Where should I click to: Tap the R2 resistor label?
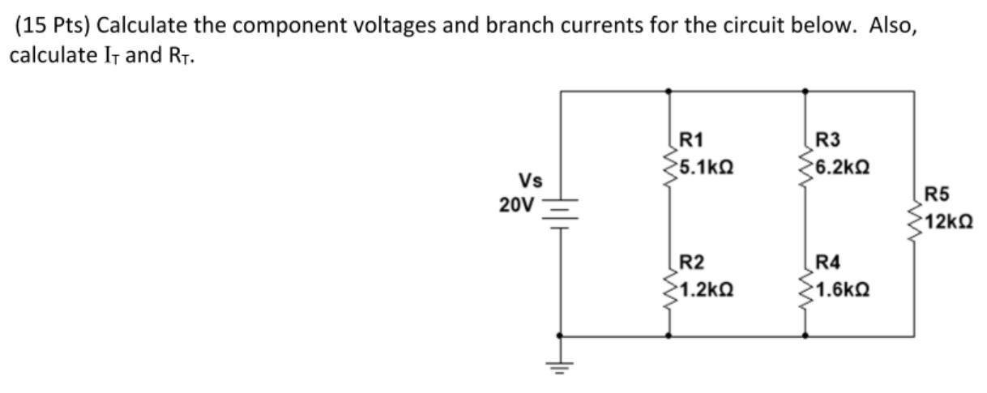pos(691,261)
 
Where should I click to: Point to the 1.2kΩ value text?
pos(706,288)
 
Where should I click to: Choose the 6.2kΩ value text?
pos(843,168)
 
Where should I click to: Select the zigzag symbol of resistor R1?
pos(669,166)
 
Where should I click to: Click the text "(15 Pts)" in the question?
pos(53,25)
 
